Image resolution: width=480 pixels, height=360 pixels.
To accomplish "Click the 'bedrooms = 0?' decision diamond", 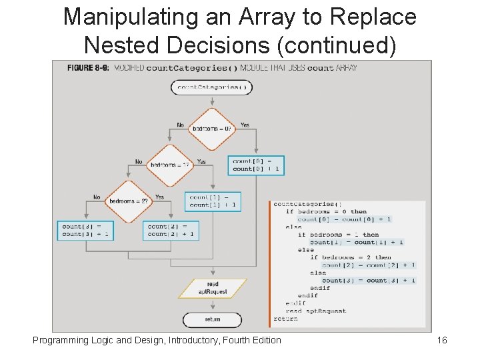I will (x=213, y=129).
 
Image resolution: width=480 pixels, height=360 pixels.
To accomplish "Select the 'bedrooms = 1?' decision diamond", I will (x=169, y=165).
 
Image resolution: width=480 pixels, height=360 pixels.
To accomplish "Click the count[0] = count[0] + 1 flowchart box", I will (x=257, y=165).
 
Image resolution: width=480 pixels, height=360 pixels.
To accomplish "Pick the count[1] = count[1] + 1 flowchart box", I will (x=213, y=201).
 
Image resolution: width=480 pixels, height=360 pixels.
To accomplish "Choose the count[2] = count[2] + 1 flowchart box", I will (x=171, y=230).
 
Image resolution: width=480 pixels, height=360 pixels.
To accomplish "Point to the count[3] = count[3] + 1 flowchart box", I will (x=87, y=230).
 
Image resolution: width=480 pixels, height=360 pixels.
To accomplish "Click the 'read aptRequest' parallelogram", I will (x=213, y=288).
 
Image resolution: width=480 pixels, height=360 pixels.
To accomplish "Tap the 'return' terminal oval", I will (x=213, y=319).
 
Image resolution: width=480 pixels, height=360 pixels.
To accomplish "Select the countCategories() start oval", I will (x=213, y=87).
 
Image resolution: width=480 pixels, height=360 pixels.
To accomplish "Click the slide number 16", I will (x=441, y=341).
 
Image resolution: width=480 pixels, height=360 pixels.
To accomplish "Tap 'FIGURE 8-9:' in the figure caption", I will (x=88, y=67).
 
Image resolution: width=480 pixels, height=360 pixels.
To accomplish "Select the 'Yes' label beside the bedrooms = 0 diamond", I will (x=245, y=125).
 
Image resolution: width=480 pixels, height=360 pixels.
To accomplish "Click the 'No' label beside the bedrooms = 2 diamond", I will (x=97, y=197).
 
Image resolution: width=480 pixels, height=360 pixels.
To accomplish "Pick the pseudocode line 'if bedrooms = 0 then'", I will (x=326, y=211).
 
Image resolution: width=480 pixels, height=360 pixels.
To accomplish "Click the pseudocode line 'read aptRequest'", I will (x=316, y=311).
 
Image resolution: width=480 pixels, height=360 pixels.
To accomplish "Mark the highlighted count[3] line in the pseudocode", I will (x=369, y=281).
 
